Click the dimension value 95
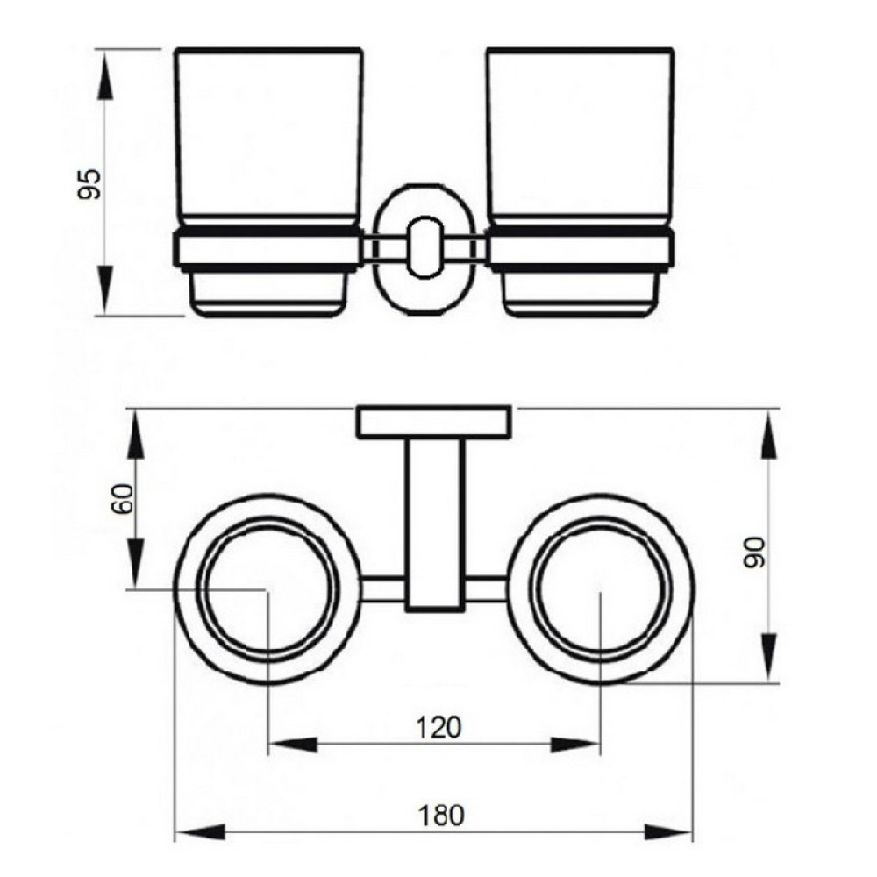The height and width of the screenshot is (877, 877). [x=89, y=183]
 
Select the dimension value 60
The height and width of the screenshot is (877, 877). [x=123, y=498]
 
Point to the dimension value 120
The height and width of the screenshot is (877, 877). [x=439, y=728]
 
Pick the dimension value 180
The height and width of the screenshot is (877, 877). [x=441, y=816]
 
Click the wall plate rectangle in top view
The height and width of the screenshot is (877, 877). [x=434, y=421]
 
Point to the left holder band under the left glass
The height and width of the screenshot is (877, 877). [x=267, y=249]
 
